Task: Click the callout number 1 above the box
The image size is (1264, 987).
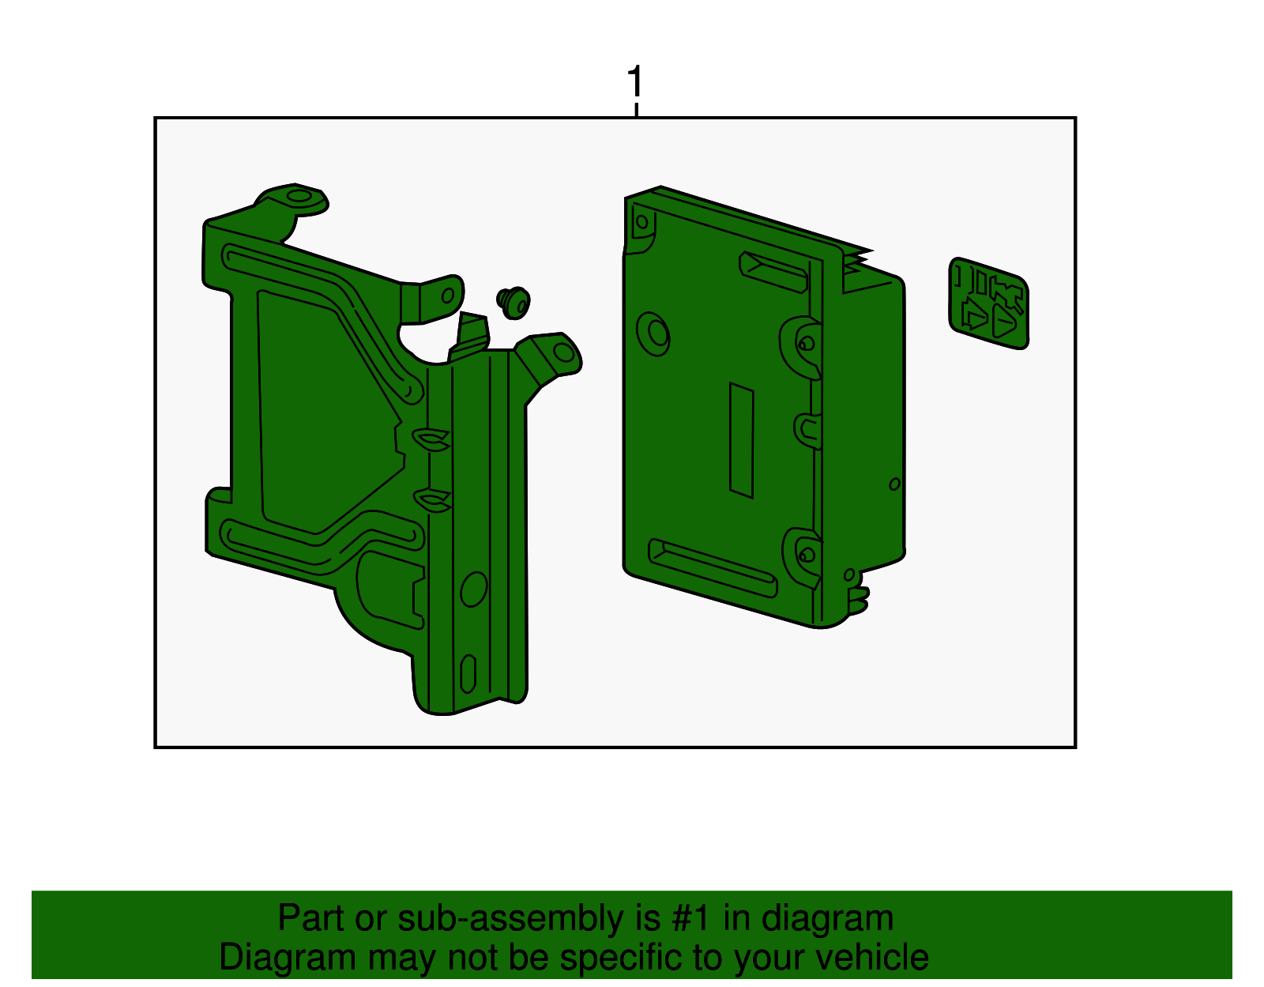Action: tap(635, 82)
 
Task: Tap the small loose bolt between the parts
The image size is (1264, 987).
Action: tap(513, 301)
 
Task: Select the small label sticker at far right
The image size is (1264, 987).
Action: tap(988, 303)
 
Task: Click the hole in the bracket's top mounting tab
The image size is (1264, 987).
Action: tap(299, 196)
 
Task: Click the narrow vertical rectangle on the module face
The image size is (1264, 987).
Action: tap(741, 440)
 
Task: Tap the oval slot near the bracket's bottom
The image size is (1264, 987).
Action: tap(468, 673)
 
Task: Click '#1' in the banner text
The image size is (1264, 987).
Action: tap(691, 919)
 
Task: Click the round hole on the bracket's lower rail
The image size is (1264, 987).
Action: tap(473, 589)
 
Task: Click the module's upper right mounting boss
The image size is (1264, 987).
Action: tap(805, 344)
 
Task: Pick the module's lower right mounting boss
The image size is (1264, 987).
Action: tap(805, 554)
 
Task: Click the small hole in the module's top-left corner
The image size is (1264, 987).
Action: tap(641, 222)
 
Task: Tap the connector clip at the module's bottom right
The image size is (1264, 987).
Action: tap(858, 601)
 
